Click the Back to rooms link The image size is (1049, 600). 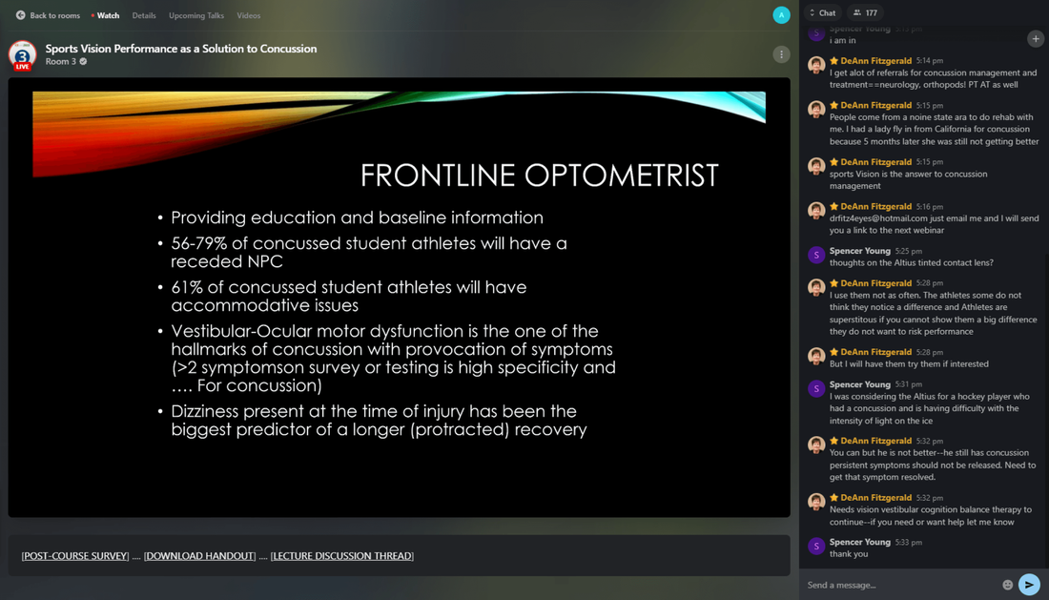coord(49,15)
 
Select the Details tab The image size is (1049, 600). coord(144,15)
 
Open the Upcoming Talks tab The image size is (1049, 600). coord(196,15)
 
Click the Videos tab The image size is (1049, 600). coord(248,15)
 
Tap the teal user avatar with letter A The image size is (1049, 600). coord(781,14)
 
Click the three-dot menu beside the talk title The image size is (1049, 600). coord(781,54)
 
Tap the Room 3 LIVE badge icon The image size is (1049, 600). coord(22,56)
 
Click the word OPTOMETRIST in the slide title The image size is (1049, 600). coord(621,176)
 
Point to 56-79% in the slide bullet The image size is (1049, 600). coord(198,243)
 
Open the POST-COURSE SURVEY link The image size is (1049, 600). coord(75,556)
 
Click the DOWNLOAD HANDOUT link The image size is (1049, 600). coord(199,556)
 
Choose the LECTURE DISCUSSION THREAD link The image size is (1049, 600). coord(341,556)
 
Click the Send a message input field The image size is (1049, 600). coord(900,586)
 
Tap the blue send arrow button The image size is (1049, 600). coord(1029,585)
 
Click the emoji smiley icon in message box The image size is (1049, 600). coord(1007,586)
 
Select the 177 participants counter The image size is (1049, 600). coord(865,12)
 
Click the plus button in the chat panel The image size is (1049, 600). coord(1035,39)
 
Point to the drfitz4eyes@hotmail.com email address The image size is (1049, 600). coord(878,218)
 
